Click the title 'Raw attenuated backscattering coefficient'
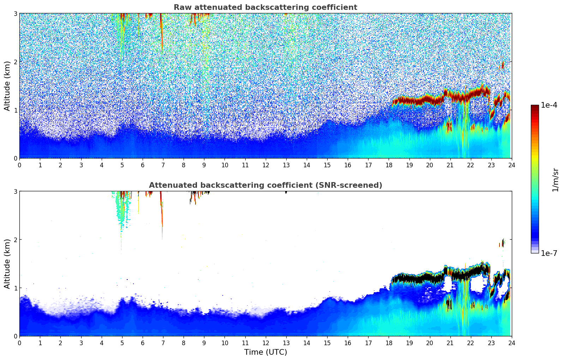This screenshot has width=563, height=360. click(265, 7)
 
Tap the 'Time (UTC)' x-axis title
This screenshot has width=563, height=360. click(265, 352)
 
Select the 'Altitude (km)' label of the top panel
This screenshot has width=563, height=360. click(7, 86)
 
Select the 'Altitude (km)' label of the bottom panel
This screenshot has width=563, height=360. click(7, 264)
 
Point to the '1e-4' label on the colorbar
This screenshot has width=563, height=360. click(549, 105)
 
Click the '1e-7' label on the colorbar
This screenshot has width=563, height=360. click(549, 253)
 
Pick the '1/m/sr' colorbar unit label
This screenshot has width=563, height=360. click(555, 180)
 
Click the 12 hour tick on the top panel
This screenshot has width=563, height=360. click(265, 165)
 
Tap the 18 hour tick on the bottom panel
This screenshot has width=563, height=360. click(389, 343)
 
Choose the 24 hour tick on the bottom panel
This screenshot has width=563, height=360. click(511, 343)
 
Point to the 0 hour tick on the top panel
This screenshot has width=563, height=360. click(19, 165)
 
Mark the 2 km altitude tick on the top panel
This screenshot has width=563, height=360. click(15, 62)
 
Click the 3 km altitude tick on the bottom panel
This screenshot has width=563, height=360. click(15, 191)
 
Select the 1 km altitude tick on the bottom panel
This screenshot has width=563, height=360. click(15, 288)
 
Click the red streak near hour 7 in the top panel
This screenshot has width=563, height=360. click(161, 32)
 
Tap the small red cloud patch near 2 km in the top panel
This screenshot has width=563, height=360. click(502, 65)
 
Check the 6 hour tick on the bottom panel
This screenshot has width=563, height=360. click(143, 343)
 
